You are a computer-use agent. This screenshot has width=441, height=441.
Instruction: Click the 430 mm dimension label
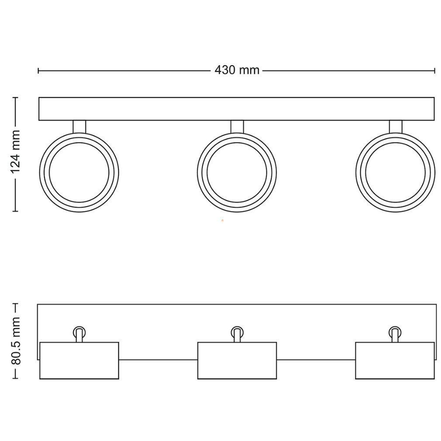click(237, 70)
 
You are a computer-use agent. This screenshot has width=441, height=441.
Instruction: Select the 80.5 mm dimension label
click(16, 341)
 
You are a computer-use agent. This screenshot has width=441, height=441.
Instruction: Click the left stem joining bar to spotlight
click(79, 127)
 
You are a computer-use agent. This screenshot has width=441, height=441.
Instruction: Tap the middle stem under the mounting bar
click(237, 127)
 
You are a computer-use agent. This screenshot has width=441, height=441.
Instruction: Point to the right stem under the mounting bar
click(396, 127)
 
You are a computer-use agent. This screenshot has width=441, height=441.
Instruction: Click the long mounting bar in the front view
click(237, 109)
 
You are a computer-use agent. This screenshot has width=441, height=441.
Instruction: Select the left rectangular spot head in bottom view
click(79, 361)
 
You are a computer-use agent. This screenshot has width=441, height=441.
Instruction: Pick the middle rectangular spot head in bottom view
click(237, 361)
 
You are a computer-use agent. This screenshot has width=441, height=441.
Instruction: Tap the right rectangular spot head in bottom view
click(395, 361)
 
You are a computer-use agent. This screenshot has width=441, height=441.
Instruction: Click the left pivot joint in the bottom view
click(79, 334)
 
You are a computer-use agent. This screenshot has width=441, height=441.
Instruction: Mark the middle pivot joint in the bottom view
click(237, 334)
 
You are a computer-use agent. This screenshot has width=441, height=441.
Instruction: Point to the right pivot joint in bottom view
click(395, 334)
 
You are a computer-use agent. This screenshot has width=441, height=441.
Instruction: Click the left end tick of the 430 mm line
click(38, 71)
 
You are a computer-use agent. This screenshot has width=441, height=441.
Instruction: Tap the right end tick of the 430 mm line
click(435, 71)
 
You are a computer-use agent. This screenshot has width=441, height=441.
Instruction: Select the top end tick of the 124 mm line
click(16, 98)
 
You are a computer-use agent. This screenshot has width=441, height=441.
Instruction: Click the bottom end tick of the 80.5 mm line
click(16, 379)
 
